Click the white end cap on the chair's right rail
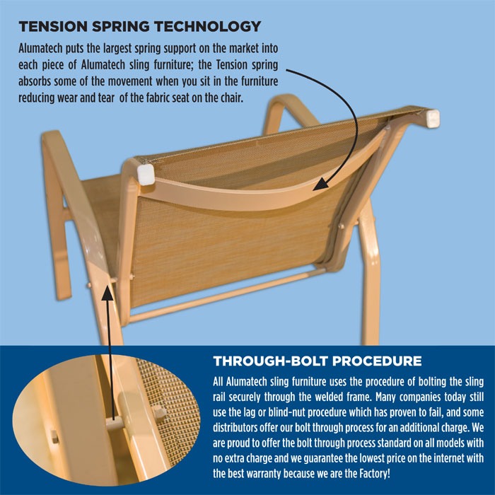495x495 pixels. [x=432, y=118]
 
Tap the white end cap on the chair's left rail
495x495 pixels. [x=146, y=175]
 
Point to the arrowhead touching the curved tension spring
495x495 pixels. [x=321, y=184]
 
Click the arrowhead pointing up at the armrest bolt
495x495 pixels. [x=107, y=293]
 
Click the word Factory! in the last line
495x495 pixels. [x=375, y=474]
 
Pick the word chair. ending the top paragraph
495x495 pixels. [x=232, y=98]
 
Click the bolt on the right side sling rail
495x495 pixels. [x=341, y=226]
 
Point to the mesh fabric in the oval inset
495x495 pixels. [x=170, y=410]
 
